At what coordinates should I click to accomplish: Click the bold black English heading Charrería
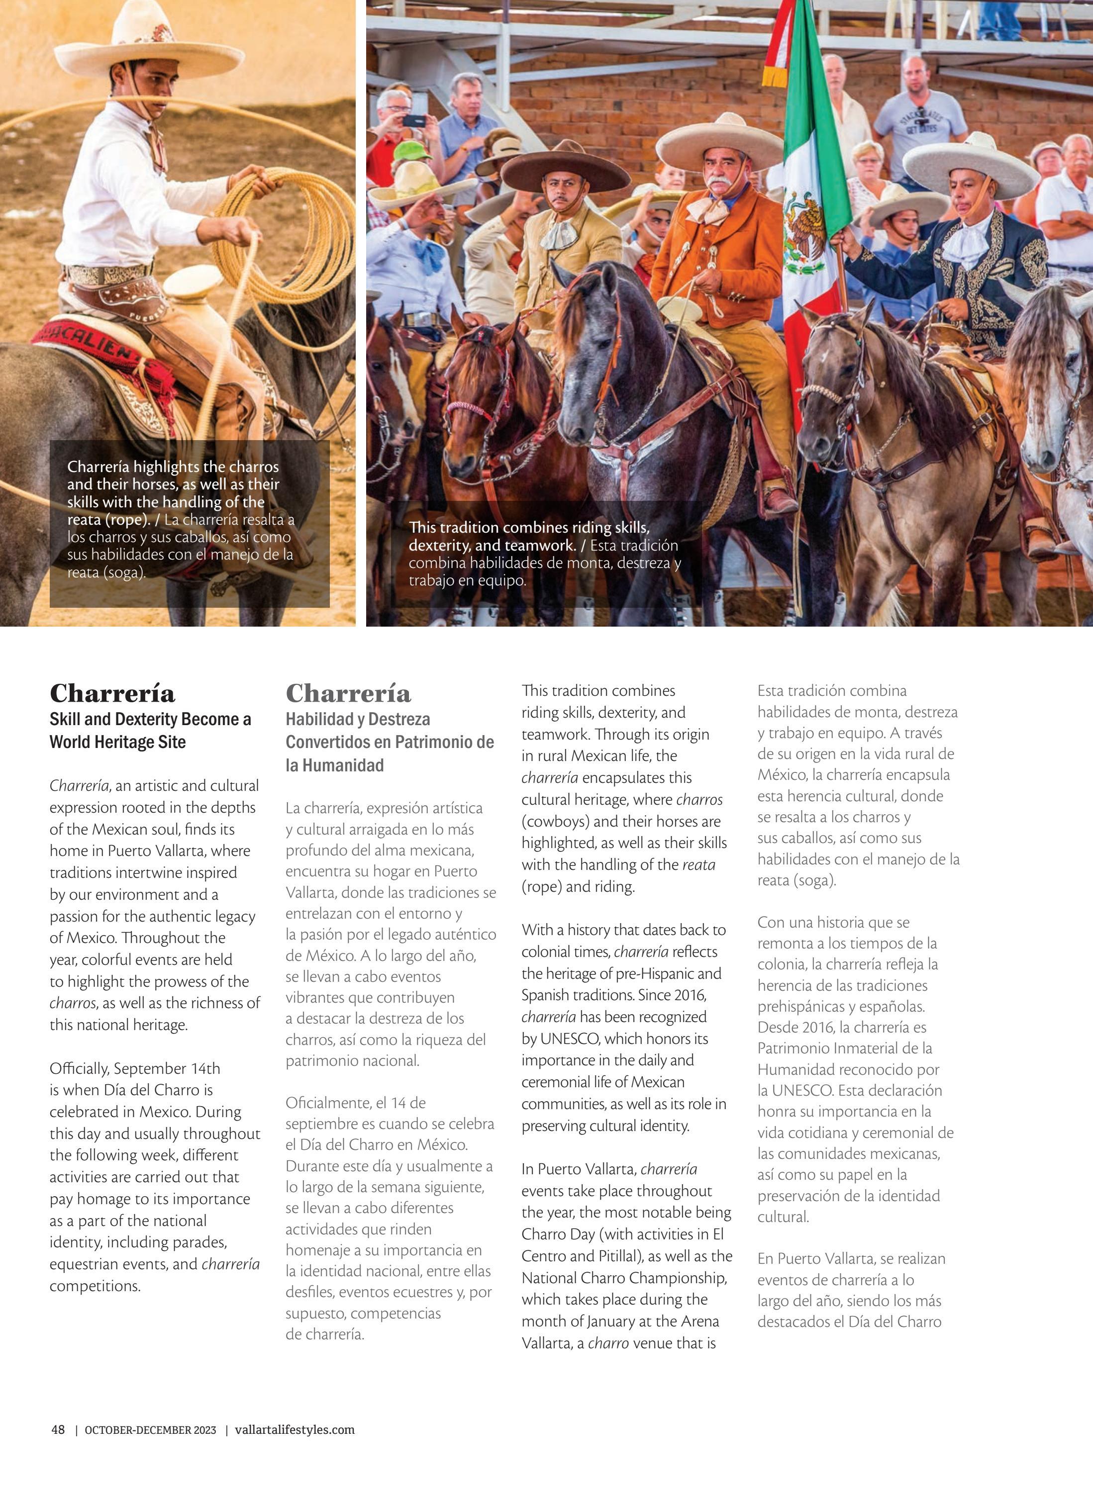(112, 693)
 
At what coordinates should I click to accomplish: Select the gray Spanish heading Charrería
(348, 693)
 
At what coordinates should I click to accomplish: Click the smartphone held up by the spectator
(414, 120)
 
